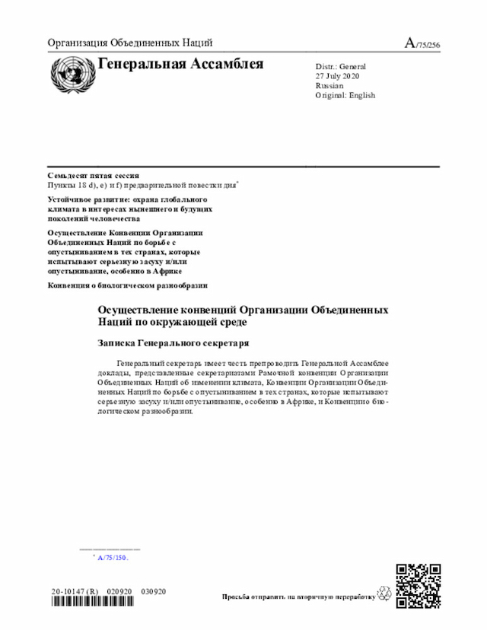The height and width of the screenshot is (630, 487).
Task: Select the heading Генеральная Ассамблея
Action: pos(180,64)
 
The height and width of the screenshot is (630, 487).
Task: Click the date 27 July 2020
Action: pos(337,76)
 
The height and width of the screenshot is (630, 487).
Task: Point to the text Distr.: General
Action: pos(340,67)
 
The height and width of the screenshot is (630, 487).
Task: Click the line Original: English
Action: pos(345,95)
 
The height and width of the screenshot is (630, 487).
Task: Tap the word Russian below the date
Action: pos(329,86)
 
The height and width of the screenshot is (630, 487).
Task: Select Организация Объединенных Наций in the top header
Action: pos(129,43)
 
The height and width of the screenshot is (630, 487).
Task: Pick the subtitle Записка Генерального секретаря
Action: pos(173,343)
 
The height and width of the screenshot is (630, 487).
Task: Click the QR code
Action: pos(419,585)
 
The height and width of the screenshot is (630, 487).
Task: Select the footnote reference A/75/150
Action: pos(113,558)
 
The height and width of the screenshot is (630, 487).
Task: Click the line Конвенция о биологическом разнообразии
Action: pos(127,285)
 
